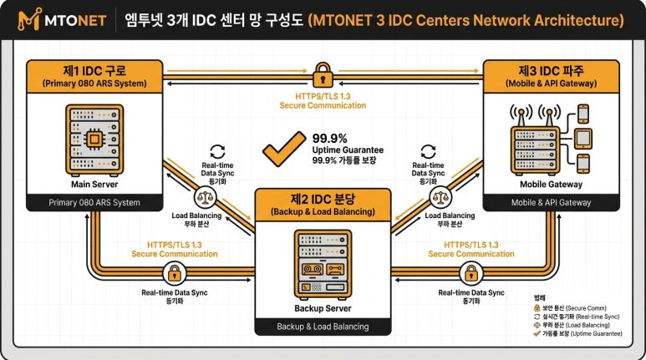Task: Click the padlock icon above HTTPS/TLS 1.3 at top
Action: [322, 78]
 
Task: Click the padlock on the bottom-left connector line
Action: [175, 272]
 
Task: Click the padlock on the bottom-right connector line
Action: [471, 272]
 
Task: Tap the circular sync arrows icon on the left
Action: [217, 151]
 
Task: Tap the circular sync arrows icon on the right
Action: [428, 151]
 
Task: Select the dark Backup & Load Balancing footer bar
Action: [323, 326]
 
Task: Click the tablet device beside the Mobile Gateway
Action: [583, 138]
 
